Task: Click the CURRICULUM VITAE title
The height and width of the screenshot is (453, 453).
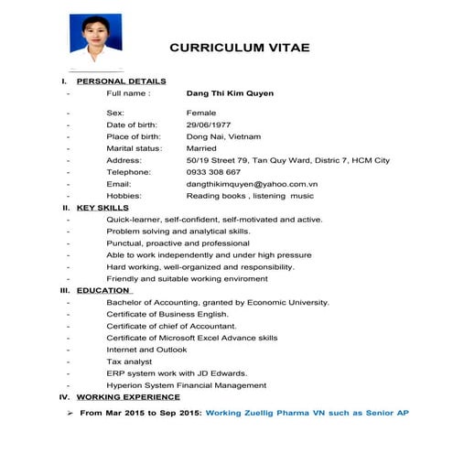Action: (x=240, y=48)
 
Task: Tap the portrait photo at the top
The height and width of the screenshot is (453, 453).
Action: (x=95, y=39)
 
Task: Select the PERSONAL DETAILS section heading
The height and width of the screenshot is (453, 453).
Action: (x=121, y=81)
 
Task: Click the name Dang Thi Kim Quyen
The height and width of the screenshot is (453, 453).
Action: (x=230, y=93)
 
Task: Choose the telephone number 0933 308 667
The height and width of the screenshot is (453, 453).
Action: (x=213, y=172)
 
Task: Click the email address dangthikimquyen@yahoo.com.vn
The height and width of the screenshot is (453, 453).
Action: (x=252, y=184)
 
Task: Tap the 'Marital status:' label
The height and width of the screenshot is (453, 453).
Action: (x=135, y=148)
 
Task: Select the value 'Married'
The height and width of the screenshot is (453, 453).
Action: (x=201, y=148)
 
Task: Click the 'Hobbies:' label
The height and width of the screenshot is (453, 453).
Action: (x=124, y=196)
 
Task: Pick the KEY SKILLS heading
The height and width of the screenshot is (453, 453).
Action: (x=102, y=208)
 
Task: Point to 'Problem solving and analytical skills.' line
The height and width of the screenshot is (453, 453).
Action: (x=178, y=232)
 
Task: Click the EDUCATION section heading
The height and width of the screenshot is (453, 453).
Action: (x=104, y=290)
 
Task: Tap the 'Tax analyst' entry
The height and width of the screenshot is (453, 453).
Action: (x=129, y=361)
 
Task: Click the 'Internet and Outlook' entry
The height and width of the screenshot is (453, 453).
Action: (x=146, y=350)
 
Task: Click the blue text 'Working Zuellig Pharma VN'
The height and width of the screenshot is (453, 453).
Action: (x=280, y=414)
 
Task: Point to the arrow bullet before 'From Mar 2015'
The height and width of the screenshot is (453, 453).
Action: (x=70, y=414)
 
